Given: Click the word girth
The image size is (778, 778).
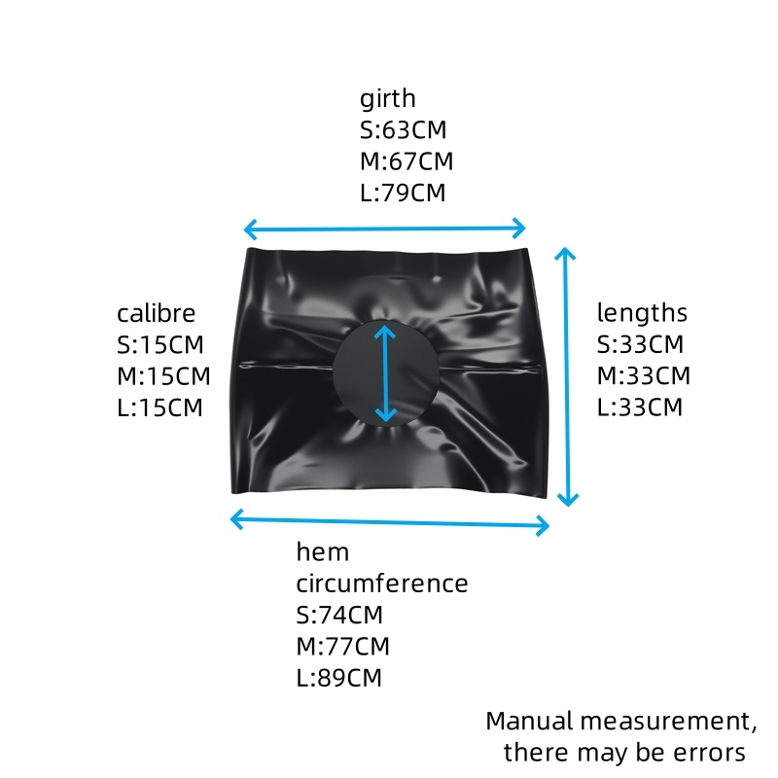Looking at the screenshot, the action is point(387,99).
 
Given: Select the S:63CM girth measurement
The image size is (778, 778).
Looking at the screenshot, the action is point(403,130).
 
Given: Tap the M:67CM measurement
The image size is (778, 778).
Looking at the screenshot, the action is point(407,161).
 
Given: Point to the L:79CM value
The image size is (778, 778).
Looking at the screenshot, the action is point(403,193).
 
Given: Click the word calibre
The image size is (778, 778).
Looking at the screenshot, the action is point(156,313).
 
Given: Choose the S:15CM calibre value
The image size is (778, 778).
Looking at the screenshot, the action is point(160,345).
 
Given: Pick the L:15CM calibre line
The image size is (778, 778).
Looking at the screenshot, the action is point(159,407).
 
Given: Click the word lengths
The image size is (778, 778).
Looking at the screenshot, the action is point(642,313).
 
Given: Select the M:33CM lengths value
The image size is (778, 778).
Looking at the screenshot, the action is point(644,375).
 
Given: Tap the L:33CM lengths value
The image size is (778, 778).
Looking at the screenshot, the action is point(640,407).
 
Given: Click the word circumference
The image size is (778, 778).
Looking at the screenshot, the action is point(382,583).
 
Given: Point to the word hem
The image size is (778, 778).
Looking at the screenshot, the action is point(323,551).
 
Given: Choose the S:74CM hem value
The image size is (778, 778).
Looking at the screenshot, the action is point(339,615).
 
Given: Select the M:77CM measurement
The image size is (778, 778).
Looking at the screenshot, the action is point(343,646).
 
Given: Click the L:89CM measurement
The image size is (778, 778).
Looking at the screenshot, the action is point(338,677).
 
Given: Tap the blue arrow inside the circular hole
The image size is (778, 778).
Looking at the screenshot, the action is point(385,373).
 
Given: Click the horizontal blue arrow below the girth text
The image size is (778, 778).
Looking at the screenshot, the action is point(384,229).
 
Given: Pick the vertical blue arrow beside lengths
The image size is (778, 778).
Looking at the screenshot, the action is point(566,376).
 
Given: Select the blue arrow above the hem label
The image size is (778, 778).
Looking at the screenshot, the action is point(390,522).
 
